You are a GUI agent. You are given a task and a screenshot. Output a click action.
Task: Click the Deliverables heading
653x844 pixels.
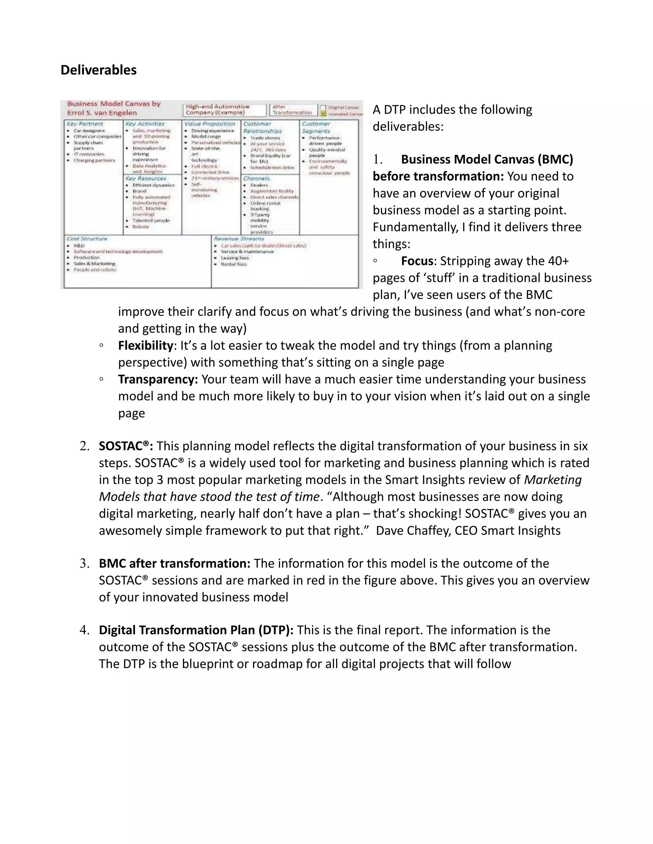point(99,70)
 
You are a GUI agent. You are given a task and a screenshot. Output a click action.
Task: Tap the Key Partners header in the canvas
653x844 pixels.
point(85,124)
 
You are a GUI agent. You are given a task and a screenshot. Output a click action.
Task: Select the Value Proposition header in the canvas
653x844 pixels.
point(210,124)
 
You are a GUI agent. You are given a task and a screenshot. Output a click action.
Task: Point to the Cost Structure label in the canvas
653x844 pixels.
point(87,239)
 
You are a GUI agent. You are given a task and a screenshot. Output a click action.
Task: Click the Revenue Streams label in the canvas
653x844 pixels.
point(239,239)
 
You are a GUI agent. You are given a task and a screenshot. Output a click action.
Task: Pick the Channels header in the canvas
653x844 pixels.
point(256,178)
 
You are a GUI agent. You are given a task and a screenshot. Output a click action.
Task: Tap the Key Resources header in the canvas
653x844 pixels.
point(145,178)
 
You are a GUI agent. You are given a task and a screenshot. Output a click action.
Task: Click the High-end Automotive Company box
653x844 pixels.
point(224,110)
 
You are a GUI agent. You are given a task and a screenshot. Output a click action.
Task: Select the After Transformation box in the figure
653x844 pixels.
point(292,110)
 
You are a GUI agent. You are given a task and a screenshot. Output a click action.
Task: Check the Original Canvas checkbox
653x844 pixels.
point(323,107)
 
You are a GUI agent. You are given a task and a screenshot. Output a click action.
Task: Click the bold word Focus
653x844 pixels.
point(417,261)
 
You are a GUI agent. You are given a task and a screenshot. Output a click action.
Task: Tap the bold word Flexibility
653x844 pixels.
point(145,346)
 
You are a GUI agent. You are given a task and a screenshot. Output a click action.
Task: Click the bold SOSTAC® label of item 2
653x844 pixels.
point(126,446)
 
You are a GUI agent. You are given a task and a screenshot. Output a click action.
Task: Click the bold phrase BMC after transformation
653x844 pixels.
point(174,564)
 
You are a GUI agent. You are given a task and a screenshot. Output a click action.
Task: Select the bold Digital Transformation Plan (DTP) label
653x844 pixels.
point(196,630)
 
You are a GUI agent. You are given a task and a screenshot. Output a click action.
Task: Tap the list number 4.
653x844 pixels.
point(84,630)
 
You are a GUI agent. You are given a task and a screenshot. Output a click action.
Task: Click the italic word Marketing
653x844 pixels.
point(553,480)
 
